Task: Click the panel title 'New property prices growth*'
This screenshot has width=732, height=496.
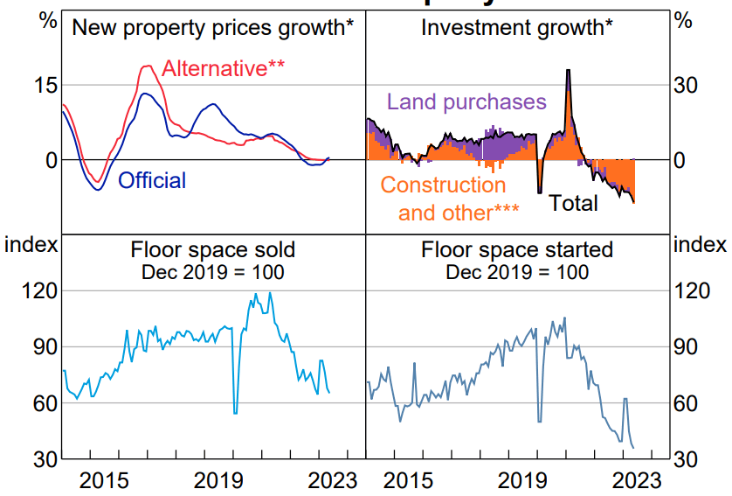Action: pos(213,27)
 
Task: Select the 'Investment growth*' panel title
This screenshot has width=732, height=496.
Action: pos(517,27)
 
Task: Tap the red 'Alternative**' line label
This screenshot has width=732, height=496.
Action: pos(224,68)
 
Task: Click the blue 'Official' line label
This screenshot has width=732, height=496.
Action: pos(152,181)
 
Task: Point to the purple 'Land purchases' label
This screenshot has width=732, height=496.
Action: pos(466,101)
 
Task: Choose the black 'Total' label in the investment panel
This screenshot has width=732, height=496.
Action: pos(573,204)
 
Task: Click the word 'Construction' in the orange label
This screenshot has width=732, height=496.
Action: pos(443,185)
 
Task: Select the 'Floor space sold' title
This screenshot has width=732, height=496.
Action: pos(213,250)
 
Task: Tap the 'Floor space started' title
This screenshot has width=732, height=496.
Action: pos(517,250)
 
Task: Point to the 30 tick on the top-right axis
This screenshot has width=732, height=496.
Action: pos(687,85)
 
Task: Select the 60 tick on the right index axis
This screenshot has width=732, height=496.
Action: pos(687,403)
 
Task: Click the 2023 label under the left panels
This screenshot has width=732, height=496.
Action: pos(333,480)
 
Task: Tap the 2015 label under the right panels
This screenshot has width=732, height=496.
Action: pos(407,480)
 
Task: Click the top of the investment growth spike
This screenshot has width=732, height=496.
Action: pos(569,70)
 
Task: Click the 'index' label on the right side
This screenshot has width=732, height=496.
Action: pos(700,243)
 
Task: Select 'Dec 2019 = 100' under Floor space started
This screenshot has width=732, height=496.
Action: pos(517,272)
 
